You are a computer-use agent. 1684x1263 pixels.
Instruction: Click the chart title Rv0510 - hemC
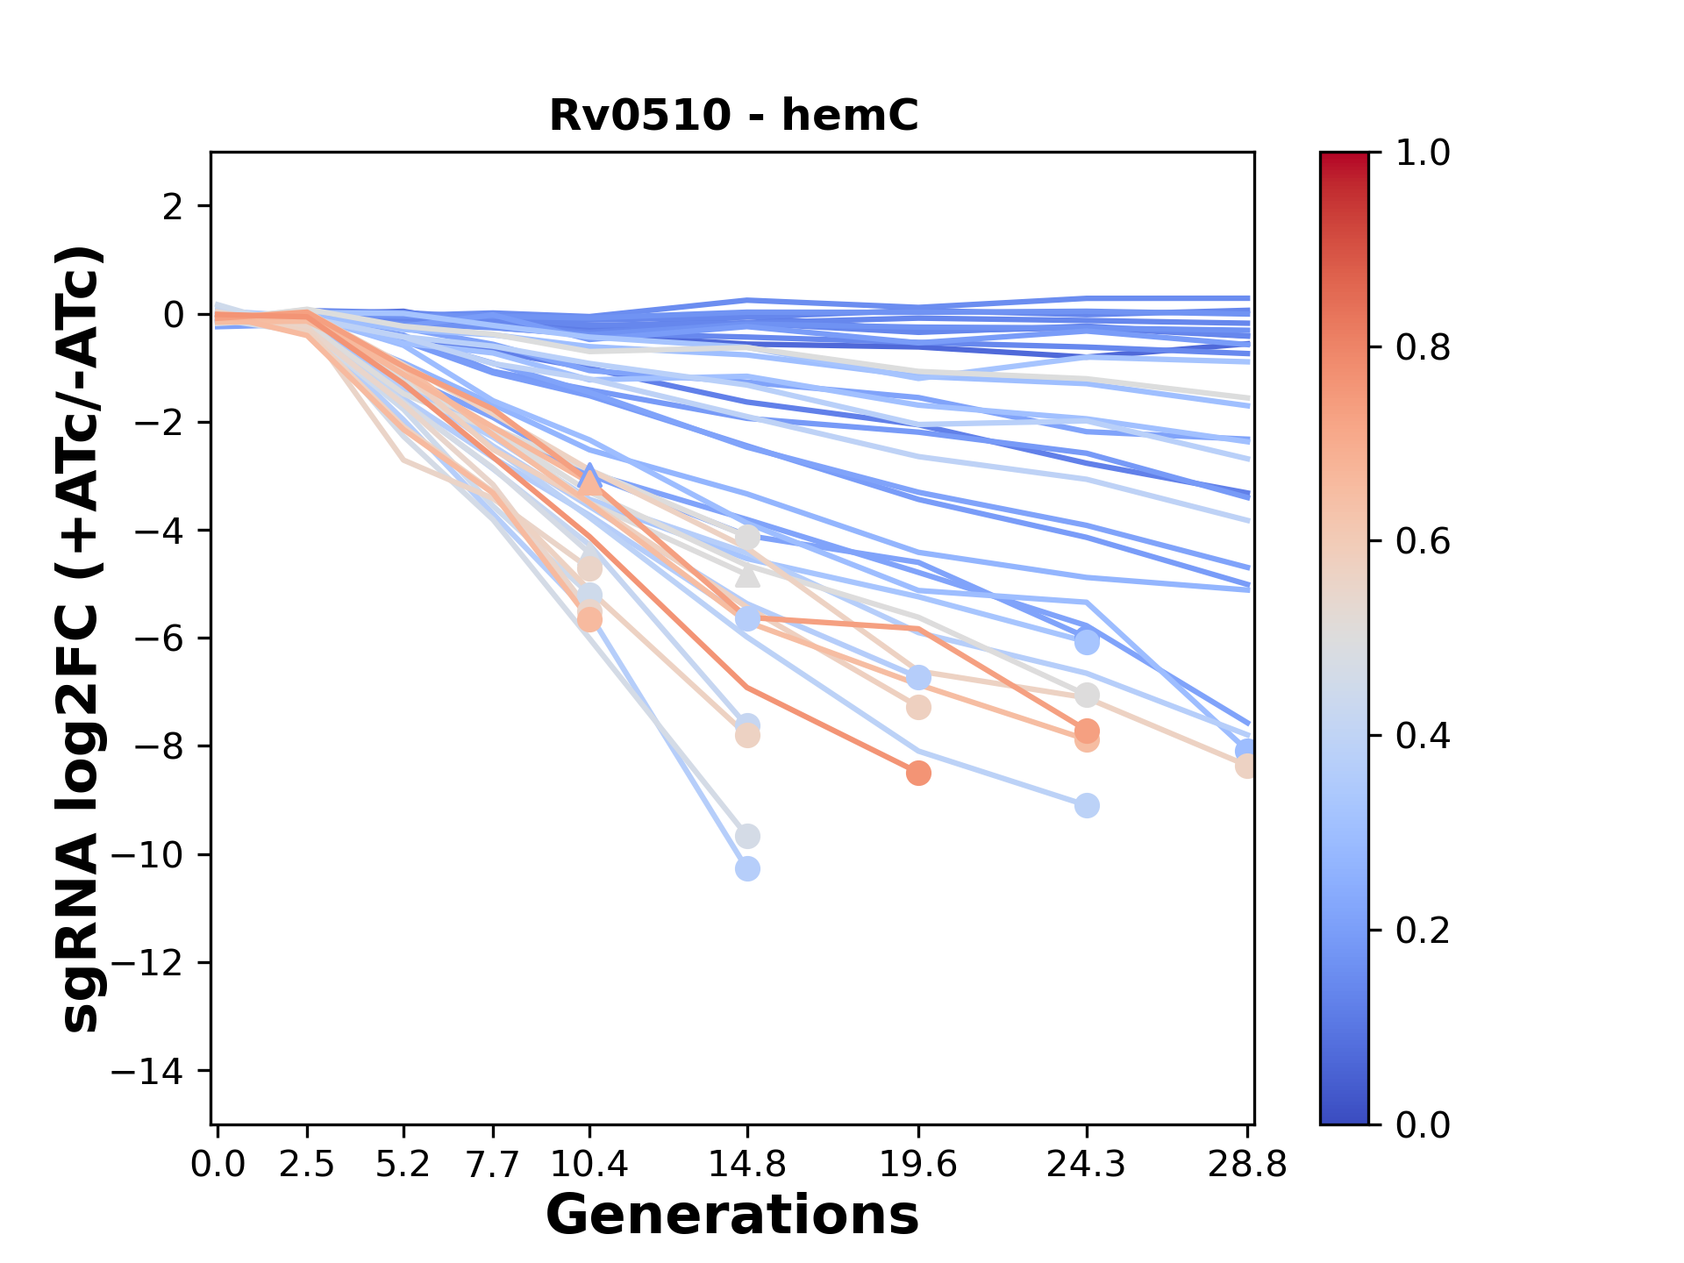[x=733, y=115]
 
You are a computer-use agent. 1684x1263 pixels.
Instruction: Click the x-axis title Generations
[x=732, y=1216]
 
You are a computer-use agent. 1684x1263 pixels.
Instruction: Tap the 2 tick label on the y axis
[x=175, y=207]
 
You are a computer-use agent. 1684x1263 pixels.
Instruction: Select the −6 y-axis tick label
[x=157, y=639]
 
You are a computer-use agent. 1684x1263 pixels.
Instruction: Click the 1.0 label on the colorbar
[x=1423, y=153]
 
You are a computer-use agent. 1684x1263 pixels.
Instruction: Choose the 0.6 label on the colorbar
[x=1423, y=542]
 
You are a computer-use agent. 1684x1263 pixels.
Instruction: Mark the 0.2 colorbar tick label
[x=1423, y=931]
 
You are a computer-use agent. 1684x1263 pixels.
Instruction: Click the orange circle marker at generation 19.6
[x=918, y=774]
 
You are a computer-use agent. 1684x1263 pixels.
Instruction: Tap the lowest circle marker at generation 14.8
[x=747, y=869]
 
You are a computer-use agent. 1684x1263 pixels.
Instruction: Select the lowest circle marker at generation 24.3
[x=1087, y=805]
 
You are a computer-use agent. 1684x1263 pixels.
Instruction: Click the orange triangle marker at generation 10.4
[x=589, y=482]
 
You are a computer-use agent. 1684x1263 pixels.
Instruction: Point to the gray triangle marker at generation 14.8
[x=747, y=575]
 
